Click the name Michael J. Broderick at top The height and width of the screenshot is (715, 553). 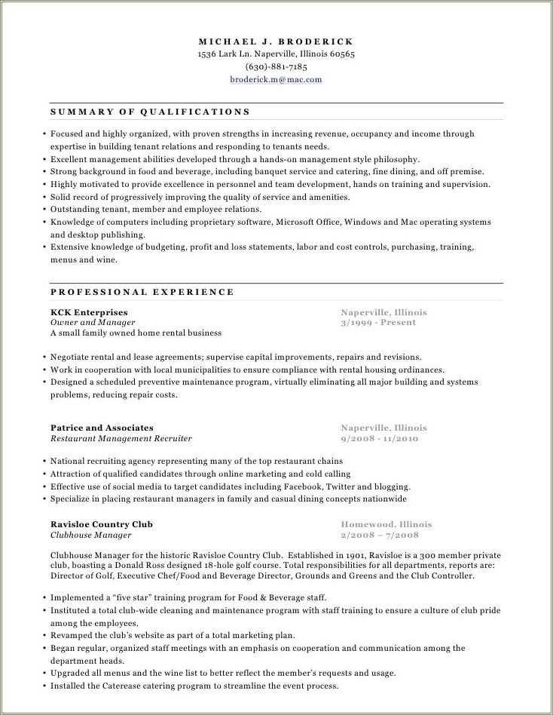point(276,41)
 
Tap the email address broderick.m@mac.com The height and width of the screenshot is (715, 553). point(276,79)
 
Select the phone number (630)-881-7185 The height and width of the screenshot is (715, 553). point(276,66)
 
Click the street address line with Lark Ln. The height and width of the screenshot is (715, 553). point(276,54)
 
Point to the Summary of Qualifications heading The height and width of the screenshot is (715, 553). point(150,112)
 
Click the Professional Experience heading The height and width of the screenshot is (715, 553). point(142,292)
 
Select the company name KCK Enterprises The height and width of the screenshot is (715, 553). point(89,312)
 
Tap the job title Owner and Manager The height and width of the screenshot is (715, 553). point(87,322)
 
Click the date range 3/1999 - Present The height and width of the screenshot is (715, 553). point(378,322)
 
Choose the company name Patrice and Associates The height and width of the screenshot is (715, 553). point(102,428)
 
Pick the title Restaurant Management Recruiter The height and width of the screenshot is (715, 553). point(121,438)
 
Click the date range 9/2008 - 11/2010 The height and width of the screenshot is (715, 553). point(379,438)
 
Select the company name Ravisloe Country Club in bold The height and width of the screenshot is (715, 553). point(101,524)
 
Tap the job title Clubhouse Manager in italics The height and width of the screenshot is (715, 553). point(90,535)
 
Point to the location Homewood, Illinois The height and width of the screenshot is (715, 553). point(386,524)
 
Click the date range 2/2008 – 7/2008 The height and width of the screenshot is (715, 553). point(379,535)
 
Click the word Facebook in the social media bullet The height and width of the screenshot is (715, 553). point(301,486)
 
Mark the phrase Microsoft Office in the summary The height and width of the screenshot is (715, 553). point(308,222)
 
